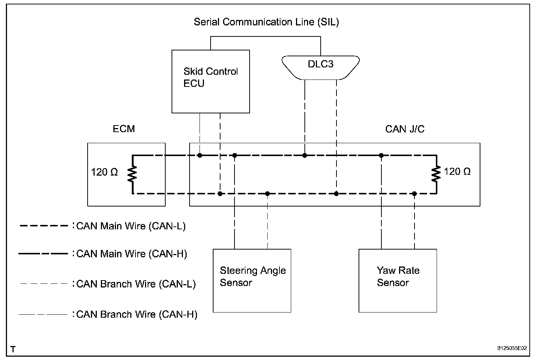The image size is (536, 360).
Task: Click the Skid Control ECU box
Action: pos(211,81)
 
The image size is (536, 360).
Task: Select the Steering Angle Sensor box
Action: pos(252,280)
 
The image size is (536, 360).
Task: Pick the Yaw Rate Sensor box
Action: pos(398,280)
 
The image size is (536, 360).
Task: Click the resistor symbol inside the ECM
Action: pos(133,174)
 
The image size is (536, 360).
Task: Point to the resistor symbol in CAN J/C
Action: pos(436,174)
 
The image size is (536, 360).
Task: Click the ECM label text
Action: pos(124,129)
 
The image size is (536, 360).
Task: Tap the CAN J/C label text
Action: pos(405,129)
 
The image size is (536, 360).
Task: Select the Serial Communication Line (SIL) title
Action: pos(266,22)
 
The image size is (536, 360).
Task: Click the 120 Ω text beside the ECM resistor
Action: pos(104,172)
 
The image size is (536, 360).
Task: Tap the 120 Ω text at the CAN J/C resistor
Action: pos(457,172)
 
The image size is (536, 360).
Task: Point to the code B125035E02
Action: pos(512,348)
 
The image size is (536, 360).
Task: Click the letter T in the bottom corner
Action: pos(13,349)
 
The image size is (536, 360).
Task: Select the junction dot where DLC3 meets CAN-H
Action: pos(305,155)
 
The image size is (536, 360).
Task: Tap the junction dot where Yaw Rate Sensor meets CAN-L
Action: pos(415,194)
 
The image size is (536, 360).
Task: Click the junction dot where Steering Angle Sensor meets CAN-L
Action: pos(268,194)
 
